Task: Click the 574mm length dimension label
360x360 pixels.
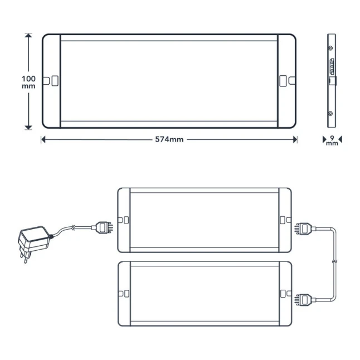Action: [169, 139]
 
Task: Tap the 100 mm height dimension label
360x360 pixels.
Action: [28, 82]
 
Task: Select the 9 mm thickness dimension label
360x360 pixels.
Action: [332, 140]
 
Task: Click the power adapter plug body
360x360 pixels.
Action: [34, 239]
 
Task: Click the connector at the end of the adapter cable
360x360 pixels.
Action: [103, 227]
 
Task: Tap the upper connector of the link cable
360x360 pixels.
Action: [305, 228]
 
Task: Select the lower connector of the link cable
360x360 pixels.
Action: [305, 300]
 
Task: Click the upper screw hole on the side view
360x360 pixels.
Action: [330, 48]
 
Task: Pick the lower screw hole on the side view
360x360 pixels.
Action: [330, 114]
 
